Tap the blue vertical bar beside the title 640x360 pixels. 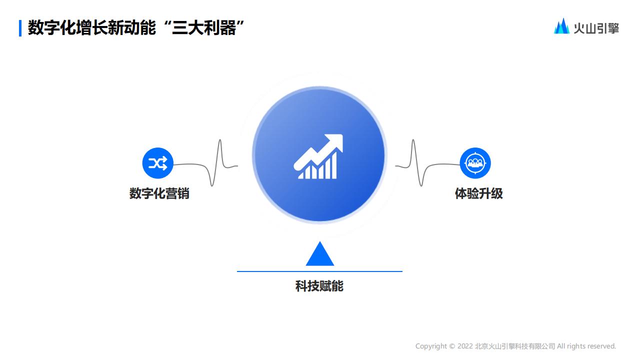pyautogui.click(x=20, y=28)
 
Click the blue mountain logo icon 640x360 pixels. pyautogui.click(x=561, y=26)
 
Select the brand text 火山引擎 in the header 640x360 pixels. pyautogui.click(x=596, y=28)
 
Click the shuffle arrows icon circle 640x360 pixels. pyautogui.click(x=157, y=163)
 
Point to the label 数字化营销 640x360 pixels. pyautogui.click(x=159, y=193)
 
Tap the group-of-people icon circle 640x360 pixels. pyautogui.click(x=475, y=163)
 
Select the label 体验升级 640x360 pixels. pyautogui.click(x=478, y=193)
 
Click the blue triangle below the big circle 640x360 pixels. pyautogui.click(x=319, y=254)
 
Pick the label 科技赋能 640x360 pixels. pyautogui.click(x=319, y=286)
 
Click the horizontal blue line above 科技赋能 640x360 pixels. pyautogui.click(x=319, y=271)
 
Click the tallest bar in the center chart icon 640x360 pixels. pyautogui.click(x=333, y=165)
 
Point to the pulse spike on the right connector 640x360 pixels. pyautogui.click(x=413, y=150)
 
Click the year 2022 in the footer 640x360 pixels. pyautogui.click(x=465, y=346)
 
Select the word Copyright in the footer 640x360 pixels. pyautogui.click(x=431, y=346)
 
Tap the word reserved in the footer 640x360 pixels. pyautogui.click(x=601, y=346)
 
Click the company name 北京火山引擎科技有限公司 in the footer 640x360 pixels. pyautogui.click(x=515, y=346)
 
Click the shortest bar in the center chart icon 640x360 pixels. pyautogui.click(x=300, y=175)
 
